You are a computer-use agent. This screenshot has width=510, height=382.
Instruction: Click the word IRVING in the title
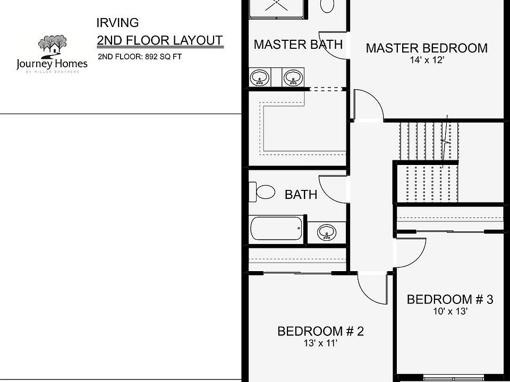click(117, 22)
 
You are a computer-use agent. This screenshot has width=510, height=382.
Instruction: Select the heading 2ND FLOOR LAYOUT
click(159, 41)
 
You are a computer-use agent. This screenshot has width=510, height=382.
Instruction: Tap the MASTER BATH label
click(298, 45)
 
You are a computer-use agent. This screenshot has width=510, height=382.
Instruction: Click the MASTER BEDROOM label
click(427, 48)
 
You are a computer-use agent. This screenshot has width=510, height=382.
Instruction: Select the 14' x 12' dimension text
click(426, 60)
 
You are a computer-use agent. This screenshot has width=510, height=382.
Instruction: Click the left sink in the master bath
click(260, 78)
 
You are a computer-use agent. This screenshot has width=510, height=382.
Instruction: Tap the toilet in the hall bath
click(264, 192)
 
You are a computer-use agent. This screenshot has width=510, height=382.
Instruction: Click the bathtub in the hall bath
click(276, 229)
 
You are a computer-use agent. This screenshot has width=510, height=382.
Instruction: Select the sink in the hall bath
click(326, 232)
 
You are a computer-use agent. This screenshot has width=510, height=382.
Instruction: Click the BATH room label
click(301, 195)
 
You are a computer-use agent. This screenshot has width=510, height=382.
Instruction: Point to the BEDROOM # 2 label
click(320, 332)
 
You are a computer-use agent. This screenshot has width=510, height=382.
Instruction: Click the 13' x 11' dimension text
click(320, 343)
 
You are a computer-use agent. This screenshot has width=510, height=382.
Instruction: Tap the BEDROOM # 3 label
click(449, 300)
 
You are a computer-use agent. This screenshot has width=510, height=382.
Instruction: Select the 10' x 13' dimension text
click(449, 311)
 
